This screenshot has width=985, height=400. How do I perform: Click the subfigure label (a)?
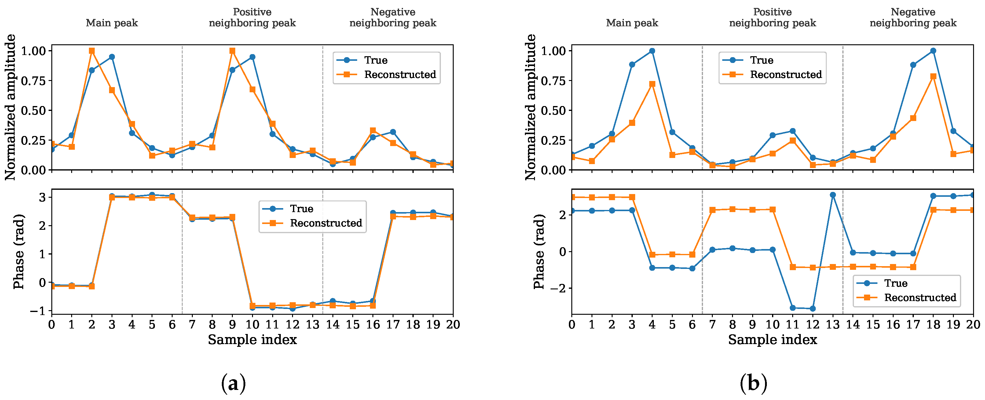[233, 383]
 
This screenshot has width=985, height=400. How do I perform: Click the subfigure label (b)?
[753, 383]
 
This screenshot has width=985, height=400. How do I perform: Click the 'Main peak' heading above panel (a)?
[112, 23]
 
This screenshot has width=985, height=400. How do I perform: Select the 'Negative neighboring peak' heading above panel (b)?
[913, 18]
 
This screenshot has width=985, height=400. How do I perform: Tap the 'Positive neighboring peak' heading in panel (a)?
[252, 18]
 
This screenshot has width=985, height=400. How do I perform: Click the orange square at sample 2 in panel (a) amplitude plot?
[92, 51]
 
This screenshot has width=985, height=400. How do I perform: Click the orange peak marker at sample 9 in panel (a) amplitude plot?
[233, 51]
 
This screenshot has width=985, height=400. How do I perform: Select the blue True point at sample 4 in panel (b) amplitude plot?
[652, 51]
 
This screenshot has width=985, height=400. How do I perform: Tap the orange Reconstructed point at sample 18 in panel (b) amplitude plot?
[933, 76]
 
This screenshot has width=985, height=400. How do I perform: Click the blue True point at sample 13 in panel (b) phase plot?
[833, 195]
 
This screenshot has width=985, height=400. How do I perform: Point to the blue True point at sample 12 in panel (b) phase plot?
[813, 309]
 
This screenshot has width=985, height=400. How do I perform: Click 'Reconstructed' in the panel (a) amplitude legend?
[400, 75]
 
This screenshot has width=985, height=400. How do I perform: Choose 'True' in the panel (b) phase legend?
[895, 283]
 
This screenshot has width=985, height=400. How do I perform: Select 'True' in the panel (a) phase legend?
[302, 209]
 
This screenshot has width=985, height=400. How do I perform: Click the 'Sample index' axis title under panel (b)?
[772, 339]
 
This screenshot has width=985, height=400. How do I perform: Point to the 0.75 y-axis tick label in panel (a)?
[33, 81]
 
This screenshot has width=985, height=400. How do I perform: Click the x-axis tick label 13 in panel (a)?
[313, 325]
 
